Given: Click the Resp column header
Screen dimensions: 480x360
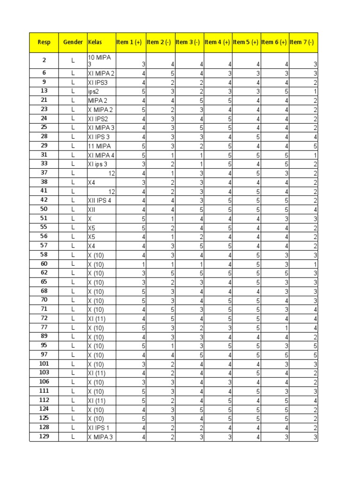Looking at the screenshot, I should [x=44, y=42].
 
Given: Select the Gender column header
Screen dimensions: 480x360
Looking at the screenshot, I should [x=73, y=42].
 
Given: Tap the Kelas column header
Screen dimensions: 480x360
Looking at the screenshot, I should [x=95, y=42].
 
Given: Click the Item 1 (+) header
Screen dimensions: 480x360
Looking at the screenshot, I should [x=129, y=42].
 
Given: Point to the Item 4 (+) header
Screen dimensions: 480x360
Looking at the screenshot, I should [x=217, y=42].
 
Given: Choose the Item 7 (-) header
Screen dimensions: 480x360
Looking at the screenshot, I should [x=302, y=42].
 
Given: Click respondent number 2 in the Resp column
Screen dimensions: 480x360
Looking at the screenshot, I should [x=44, y=60].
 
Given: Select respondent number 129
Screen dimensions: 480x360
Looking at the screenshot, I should [x=44, y=437].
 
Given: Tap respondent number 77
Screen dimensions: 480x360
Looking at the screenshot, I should [x=44, y=327].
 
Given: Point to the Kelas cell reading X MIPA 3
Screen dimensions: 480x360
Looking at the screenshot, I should [x=100, y=437].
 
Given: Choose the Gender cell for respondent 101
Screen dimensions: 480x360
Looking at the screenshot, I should [x=73, y=364].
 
